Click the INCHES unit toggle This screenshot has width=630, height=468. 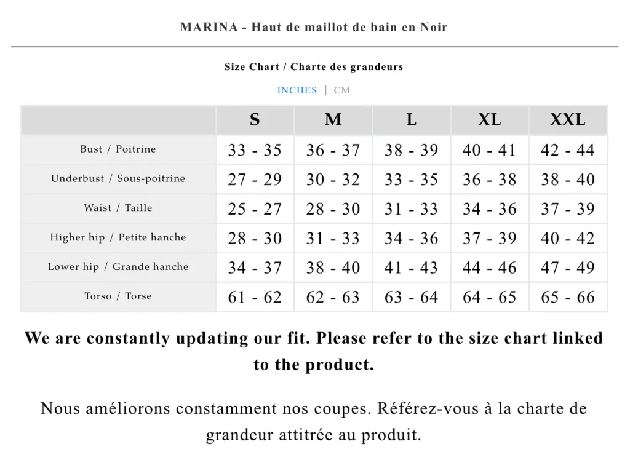coord(297,90)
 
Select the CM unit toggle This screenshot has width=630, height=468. coord(342,90)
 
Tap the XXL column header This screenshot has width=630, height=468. coord(567,120)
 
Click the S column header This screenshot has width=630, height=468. coord(255,120)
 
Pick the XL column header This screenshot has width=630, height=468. coord(489,120)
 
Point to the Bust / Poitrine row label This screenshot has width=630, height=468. coord(118,149)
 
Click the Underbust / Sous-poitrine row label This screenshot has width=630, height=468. coord(118,179)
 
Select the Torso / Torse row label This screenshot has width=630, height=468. coord(118,296)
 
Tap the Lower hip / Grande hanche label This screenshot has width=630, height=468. coord(118,267)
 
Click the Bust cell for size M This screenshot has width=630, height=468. coord(333,150)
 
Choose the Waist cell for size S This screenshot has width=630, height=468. coord(255,209)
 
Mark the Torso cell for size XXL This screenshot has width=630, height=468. coord(567,298)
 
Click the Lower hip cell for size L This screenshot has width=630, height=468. coord(411,268)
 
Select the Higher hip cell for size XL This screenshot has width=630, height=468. coord(489,239)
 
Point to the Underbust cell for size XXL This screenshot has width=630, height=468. coord(567,180)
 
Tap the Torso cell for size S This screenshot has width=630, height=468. coord(255,298)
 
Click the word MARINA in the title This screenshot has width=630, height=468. coord(209,28)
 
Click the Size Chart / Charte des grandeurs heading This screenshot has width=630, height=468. coord(314,67)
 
